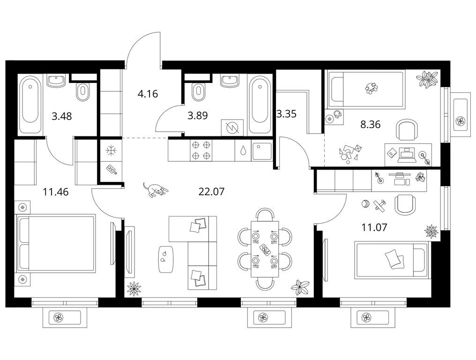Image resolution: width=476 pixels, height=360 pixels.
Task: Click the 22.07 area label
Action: pos(211,192)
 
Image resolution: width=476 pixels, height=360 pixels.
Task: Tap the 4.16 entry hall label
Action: pos(148,94)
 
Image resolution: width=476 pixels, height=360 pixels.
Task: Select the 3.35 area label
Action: pos(287,114)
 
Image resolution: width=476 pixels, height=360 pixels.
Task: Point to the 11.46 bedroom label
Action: pos(56,192)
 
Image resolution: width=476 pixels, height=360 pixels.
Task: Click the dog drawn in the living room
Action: pos(156,190)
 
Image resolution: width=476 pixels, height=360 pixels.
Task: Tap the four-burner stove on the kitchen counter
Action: pos(201,150)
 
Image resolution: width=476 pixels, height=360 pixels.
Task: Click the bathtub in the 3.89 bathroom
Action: pos(260,105)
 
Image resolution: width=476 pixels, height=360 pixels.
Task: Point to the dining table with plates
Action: pos(265,249)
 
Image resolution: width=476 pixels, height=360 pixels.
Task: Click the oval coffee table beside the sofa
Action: pos(166,259)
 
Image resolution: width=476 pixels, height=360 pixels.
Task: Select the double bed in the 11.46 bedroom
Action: pos(57,242)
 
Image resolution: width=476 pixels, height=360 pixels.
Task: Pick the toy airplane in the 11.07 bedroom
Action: pos(379,205)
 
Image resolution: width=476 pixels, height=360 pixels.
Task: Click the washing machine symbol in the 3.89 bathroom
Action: pos(232,127)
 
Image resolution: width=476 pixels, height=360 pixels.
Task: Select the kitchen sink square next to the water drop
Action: pos(262,150)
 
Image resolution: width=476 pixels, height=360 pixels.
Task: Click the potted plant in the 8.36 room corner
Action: pos(427,79)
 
